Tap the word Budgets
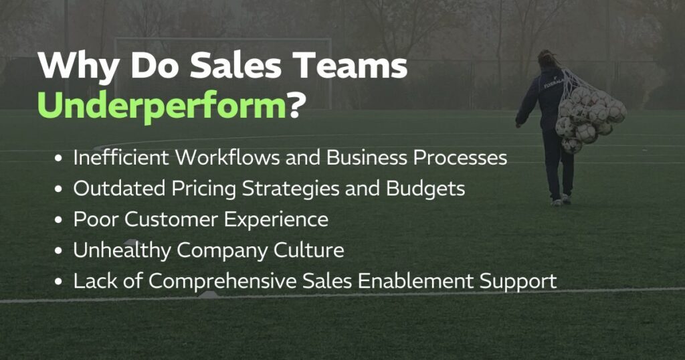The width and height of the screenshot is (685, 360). point(425,189)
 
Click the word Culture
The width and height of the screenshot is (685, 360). point(308,250)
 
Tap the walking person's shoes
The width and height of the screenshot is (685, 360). point(561,200)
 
